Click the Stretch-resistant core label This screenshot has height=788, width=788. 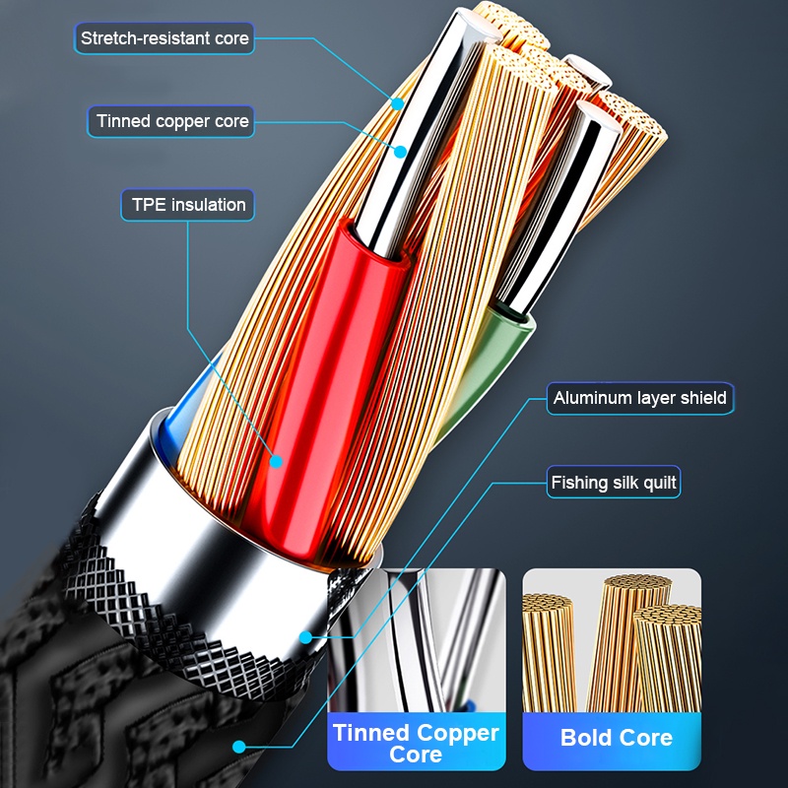tap(164, 38)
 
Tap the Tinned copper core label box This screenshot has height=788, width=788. tap(172, 121)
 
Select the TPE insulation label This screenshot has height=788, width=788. tap(189, 205)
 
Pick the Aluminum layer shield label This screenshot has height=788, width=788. tap(639, 398)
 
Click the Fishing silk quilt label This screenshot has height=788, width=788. tap(614, 483)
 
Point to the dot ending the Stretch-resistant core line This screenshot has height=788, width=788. tap(397, 101)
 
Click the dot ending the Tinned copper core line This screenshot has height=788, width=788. tap(401, 151)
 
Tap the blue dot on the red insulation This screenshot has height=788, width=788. tap(277, 460)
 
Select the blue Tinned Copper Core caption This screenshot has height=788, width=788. tap(416, 743)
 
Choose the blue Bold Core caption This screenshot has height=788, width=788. tap(616, 738)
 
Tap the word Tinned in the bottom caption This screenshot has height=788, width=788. tap(372, 733)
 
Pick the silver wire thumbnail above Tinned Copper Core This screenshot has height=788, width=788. tap(416, 640)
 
